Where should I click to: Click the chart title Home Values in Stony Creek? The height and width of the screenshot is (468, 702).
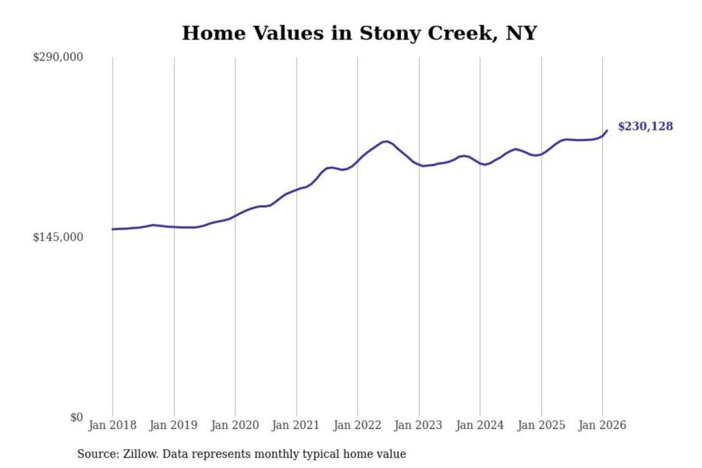[x=359, y=33]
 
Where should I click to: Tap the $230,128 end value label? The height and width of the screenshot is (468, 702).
[x=645, y=126]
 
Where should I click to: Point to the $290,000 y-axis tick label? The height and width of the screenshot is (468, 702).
[x=58, y=57]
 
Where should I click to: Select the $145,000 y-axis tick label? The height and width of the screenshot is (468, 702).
[x=58, y=237]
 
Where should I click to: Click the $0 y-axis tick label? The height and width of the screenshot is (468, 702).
[x=77, y=417]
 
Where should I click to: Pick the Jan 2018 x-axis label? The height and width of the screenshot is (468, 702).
[x=112, y=425]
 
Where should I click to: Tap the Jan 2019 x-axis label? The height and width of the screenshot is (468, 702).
[x=173, y=425]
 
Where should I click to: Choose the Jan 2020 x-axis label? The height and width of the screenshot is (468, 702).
[x=234, y=425]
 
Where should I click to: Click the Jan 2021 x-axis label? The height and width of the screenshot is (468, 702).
[x=295, y=425]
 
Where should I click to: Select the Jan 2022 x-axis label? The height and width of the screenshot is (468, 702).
[x=357, y=425]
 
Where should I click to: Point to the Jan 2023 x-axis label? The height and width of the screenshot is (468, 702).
[x=418, y=425]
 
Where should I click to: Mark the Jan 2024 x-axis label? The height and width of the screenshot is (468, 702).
[x=479, y=425]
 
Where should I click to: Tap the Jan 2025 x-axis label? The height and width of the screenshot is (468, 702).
[x=541, y=425]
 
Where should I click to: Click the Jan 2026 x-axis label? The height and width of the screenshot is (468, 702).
[x=602, y=425]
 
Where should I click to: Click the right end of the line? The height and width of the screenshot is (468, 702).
[x=607, y=131]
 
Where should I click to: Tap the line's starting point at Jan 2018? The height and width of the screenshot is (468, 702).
[x=113, y=229]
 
